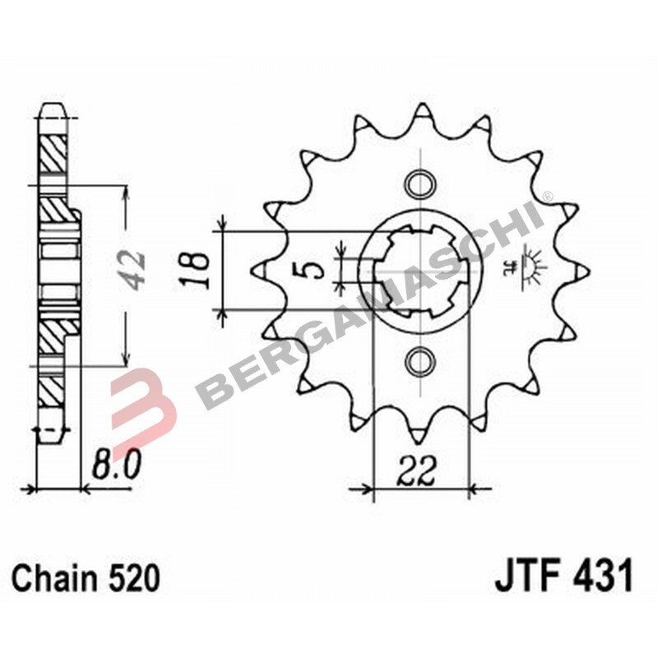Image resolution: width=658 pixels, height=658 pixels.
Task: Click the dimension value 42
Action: click(x=134, y=267)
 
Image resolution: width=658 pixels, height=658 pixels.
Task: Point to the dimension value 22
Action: click(x=419, y=471)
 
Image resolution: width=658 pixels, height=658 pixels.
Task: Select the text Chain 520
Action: click(x=86, y=578)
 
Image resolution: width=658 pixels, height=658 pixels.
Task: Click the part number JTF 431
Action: click(x=563, y=577)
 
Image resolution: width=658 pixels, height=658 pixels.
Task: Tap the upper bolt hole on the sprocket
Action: click(x=420, y=182)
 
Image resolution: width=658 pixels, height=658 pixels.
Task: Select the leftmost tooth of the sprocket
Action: click(x=259, y=270)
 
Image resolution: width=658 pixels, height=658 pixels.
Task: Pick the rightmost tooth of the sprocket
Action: click(x=581, y=270)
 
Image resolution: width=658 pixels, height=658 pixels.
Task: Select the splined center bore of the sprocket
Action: click(x=420, y=270)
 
